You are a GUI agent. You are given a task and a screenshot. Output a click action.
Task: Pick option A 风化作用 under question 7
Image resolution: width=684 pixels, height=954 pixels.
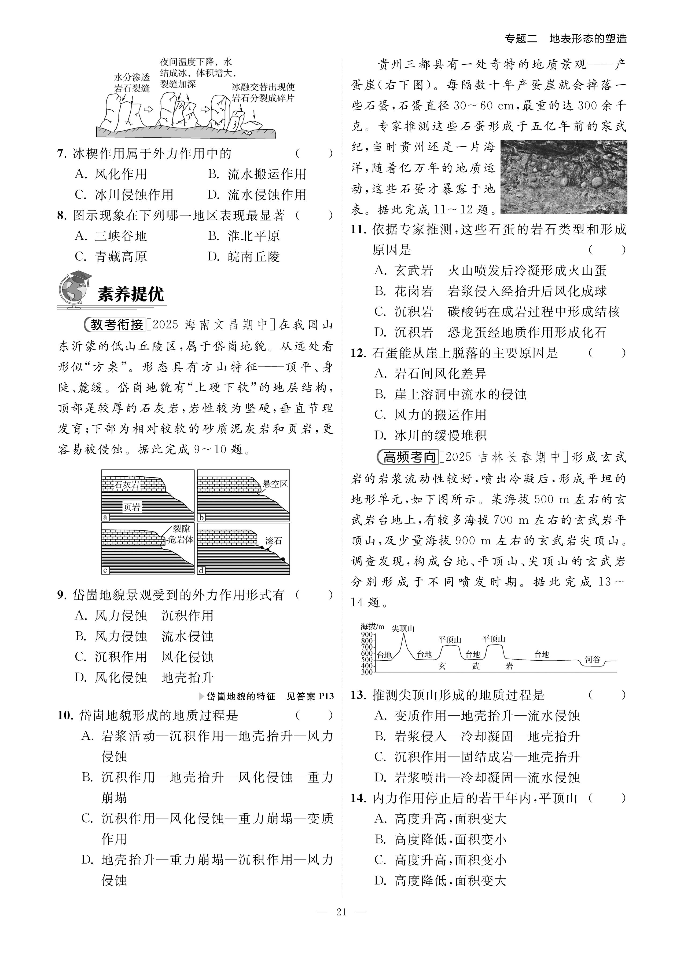point(111,174)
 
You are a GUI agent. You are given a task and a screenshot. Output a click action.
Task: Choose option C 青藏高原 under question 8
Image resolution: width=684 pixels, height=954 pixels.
point(111,257)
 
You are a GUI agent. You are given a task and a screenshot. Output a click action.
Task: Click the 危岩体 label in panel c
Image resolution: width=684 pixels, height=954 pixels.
point(180,540)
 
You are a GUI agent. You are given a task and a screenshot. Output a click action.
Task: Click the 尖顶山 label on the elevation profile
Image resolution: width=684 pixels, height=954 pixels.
point(403,628)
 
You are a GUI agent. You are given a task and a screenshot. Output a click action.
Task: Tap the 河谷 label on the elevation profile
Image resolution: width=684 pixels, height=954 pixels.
point(592,660)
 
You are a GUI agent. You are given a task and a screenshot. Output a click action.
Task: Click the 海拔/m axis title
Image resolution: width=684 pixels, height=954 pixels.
point(372,626)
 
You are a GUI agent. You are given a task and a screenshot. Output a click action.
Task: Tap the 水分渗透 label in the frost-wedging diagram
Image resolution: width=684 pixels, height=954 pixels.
point(132,77)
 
